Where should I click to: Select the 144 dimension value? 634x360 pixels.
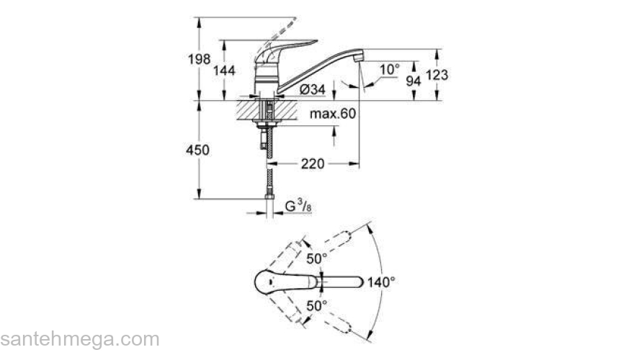coord(226,70)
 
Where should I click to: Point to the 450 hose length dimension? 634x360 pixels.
coord(197,150)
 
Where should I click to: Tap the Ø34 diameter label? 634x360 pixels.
coord(311,89)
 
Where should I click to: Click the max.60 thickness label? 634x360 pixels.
coord(334,114)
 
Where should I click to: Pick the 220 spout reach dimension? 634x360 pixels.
coord(312,164)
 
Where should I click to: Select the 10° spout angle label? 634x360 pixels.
coord(389,69)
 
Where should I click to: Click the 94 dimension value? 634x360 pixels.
coord(413,81)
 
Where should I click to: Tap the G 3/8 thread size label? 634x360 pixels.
coord(298,207)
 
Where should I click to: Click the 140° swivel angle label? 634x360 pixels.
coord(382,282)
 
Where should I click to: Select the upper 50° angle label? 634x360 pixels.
coord(317,258)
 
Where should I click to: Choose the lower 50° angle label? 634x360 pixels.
coord(317,305)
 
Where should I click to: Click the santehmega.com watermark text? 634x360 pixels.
coord(79,339)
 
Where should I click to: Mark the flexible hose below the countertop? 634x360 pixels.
coord(269,180)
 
